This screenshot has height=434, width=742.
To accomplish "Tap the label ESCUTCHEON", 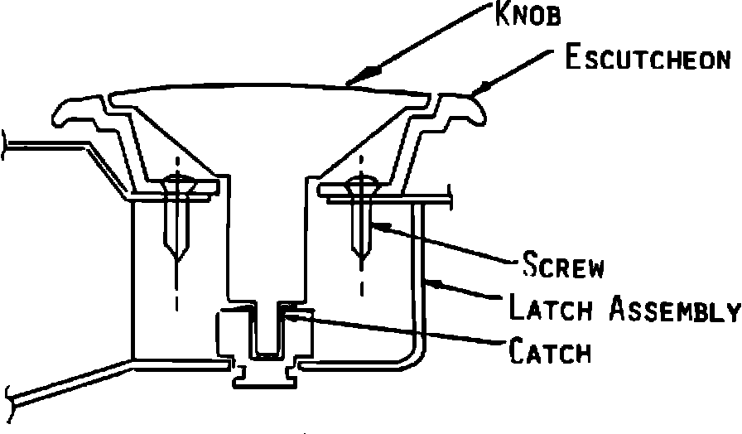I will [x=647, y=59].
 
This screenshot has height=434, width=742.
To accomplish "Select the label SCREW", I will [x=563, y=267].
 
